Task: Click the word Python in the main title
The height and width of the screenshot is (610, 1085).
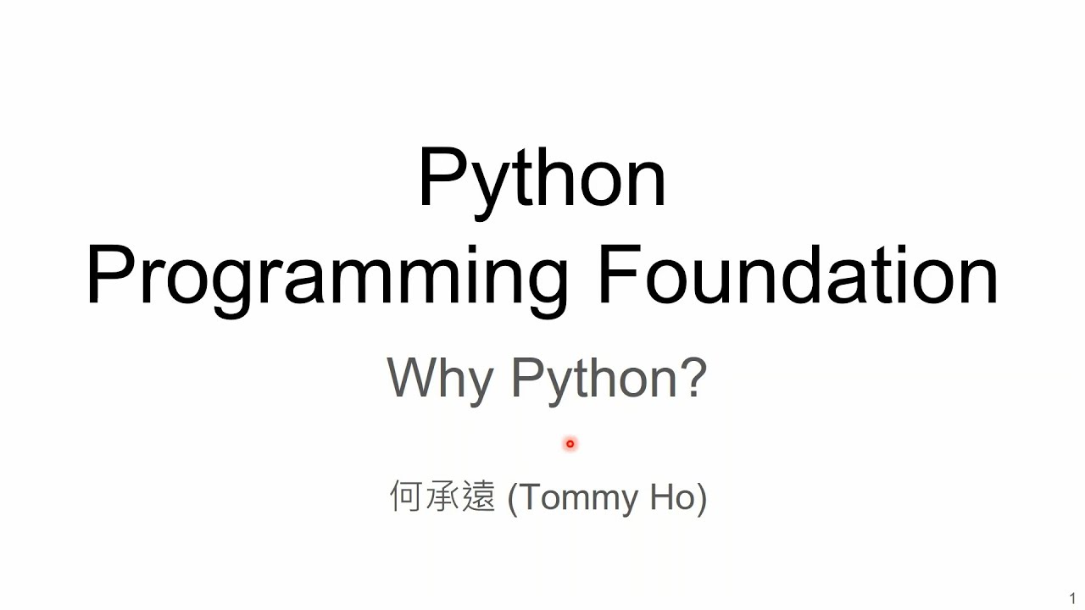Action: click(x=542, y=182)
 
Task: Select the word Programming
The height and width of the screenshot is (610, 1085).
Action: click(x=327, y=280)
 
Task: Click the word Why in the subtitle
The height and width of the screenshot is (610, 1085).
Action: click(x=440, y=381)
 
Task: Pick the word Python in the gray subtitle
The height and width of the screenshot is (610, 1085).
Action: click(x=594, y=381)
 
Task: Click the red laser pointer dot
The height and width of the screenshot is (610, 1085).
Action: click(x=570, y=443)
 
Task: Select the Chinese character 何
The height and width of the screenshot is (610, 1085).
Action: click(x=406, y=496)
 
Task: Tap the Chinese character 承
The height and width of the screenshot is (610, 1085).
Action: click(x=442, y=496)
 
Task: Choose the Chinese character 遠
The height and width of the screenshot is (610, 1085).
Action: click(x=479, y=496)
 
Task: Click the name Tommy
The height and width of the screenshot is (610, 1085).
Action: click(x=578, y=499)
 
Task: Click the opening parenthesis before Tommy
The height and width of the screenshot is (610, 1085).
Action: click(x=513, y=499)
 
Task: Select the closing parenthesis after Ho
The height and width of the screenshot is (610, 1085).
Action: click(x=702, y=499)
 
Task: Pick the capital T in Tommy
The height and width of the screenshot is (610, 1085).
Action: click(x=531, y=496)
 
